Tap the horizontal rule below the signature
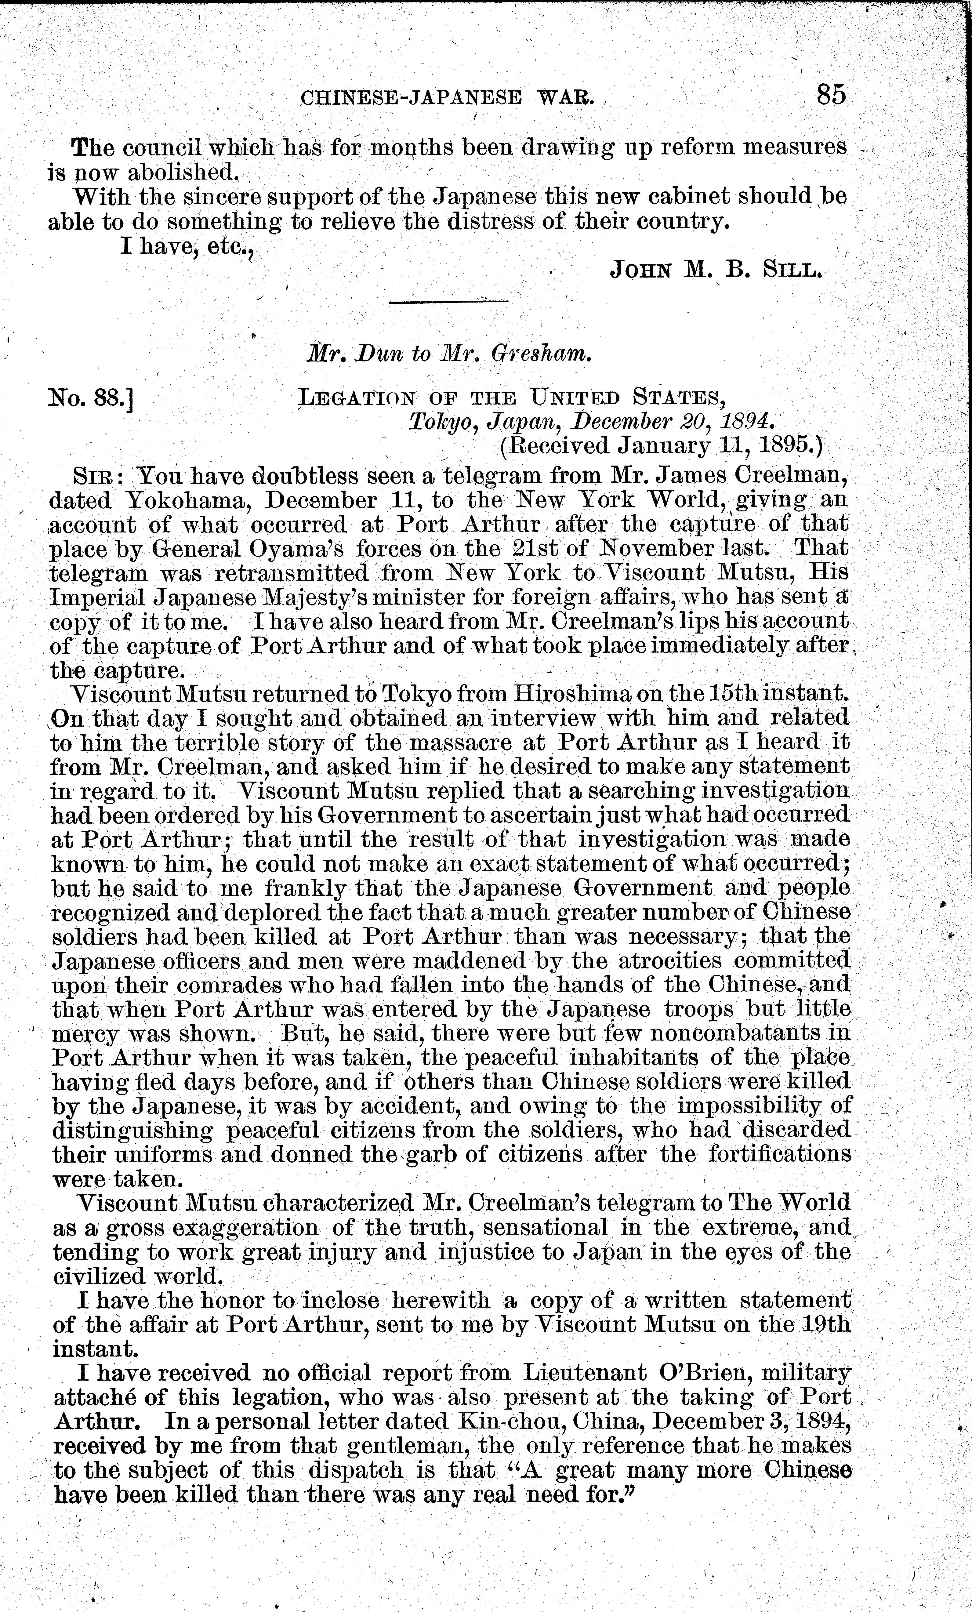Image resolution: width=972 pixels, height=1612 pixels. tap(449, 302)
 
